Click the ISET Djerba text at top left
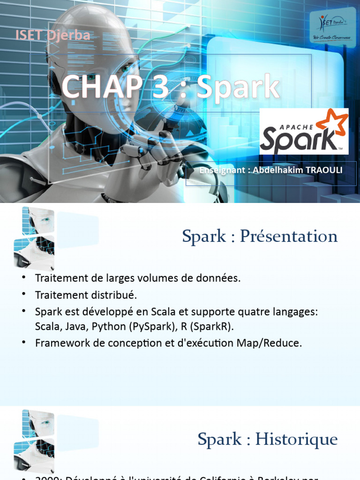tap(52, 35)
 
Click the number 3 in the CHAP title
tap(160, 87)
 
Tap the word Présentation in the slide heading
tap(288, 236)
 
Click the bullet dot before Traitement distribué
tap(23, 294)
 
